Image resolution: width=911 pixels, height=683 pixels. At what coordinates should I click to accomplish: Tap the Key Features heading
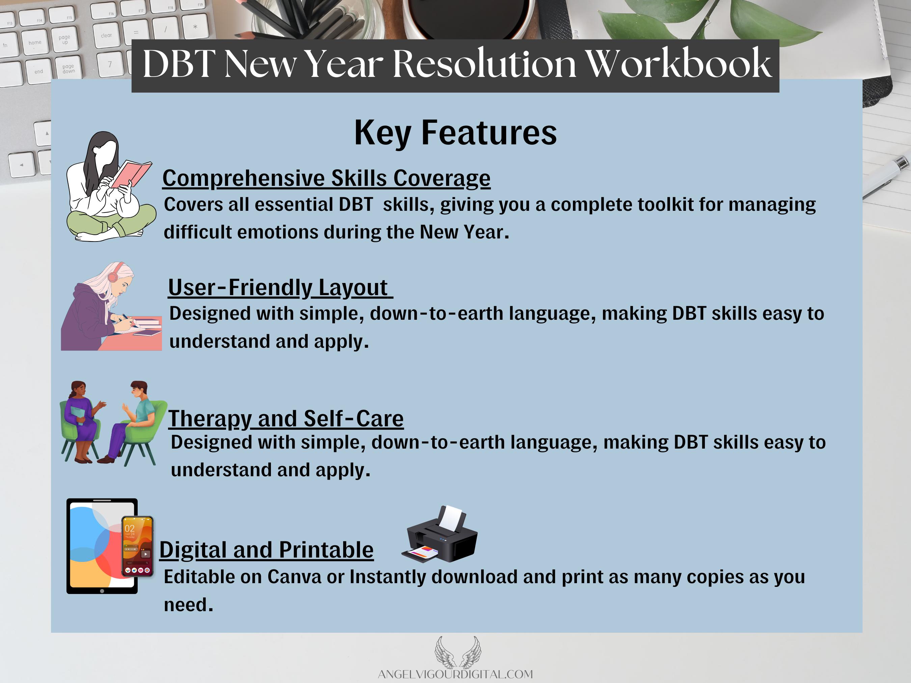pos(455,133)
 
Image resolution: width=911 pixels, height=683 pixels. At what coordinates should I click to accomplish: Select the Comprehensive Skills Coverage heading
pos(326,179)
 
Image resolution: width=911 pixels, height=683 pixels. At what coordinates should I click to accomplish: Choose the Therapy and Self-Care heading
pos(286,419)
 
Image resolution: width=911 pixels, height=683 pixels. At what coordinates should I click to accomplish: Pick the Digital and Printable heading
pos(267,550)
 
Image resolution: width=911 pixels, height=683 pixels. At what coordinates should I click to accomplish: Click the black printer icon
pos(439,534)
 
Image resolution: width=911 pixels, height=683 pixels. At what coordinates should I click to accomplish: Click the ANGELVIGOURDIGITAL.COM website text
pos(455,674)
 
